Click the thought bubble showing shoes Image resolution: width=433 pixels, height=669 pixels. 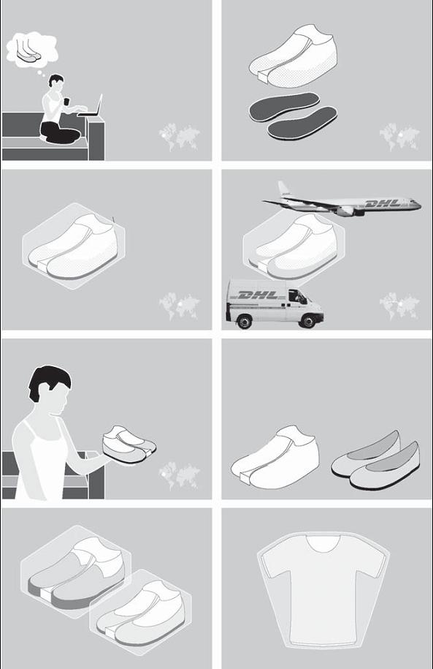click(x=32, y=50)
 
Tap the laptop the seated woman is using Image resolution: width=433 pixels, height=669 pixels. click(x=91, y=107)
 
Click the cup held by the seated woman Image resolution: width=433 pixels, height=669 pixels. click(x=66, y=102)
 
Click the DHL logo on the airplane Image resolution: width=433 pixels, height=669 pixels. click(x=383, y=203)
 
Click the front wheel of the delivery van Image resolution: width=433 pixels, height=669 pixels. click(x=307, y=320)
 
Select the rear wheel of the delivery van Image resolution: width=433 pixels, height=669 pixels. click(x=244, y=321)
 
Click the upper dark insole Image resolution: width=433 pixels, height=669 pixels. click(x=284, y=106)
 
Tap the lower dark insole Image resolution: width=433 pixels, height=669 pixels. click(x=302, y=124)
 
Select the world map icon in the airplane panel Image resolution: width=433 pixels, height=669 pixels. click(x=399, y=306)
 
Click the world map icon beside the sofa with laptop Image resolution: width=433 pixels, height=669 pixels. click(x=180, y=137)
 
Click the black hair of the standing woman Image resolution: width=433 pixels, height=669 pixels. click(x=49, y=381)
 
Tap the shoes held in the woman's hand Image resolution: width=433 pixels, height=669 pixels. click(x=129, y=444)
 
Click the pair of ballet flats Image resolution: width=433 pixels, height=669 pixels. click(x=376, y=461)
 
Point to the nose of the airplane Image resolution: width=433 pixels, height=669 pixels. click(x=419, y=206)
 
